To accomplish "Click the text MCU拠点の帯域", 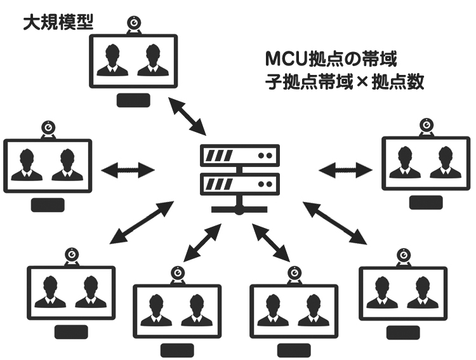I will (x=331, y=60).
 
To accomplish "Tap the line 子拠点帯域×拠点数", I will (x=345, y=83).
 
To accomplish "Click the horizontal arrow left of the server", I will (x=128, y=170).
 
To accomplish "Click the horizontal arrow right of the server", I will (x=345, y=170).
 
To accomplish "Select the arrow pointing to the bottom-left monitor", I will (x=142, y=222).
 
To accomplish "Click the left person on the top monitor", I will (x=114, y=60).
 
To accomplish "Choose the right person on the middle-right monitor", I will (x=442, y=164).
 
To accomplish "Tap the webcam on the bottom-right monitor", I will (x=402, y=255).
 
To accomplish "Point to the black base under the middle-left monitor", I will (x=48, y=204).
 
